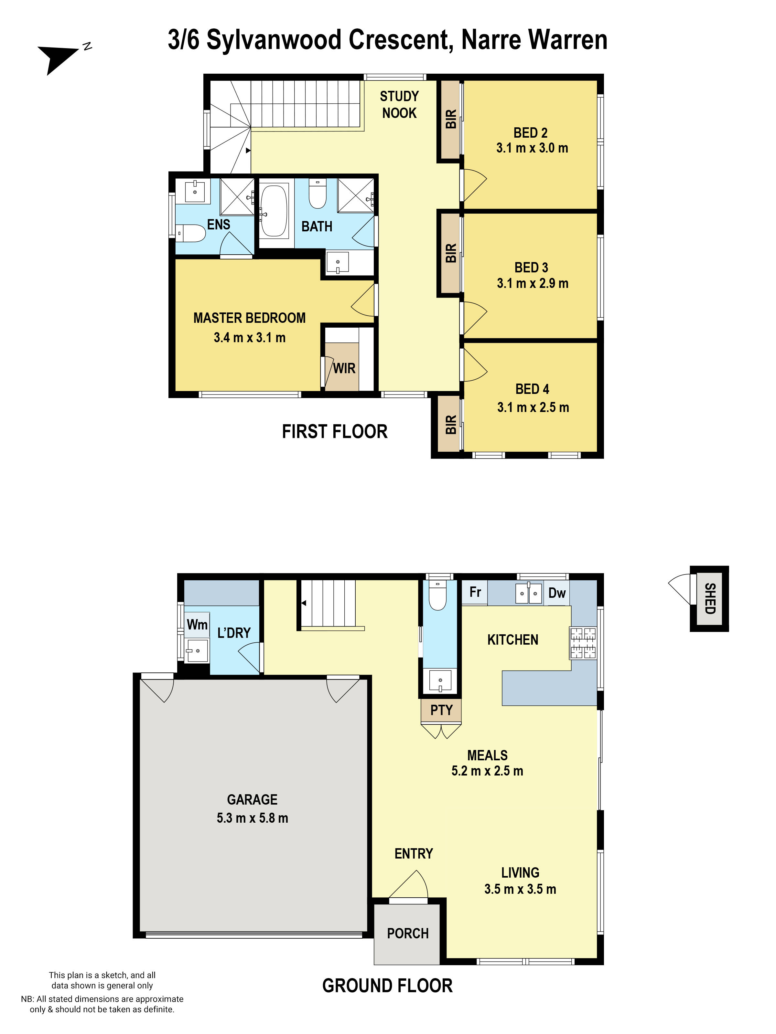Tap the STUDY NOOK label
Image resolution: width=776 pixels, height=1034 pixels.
coord(399,105)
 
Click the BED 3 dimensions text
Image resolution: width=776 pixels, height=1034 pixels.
coord(532,283)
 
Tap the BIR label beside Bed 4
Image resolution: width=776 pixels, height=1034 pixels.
coord(450,425)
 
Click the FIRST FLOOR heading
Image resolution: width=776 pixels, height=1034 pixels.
coord(334,431)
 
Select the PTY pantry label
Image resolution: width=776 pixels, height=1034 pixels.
coord(441,710)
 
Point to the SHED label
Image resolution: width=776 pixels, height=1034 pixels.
coord(710,598)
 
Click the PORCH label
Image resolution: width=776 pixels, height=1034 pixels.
coord(407,934)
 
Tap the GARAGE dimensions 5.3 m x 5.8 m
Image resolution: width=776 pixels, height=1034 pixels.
coord(252,818)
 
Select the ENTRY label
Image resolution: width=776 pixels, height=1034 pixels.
coord(414,854)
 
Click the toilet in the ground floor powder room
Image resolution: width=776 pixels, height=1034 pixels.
coord(437,596)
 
